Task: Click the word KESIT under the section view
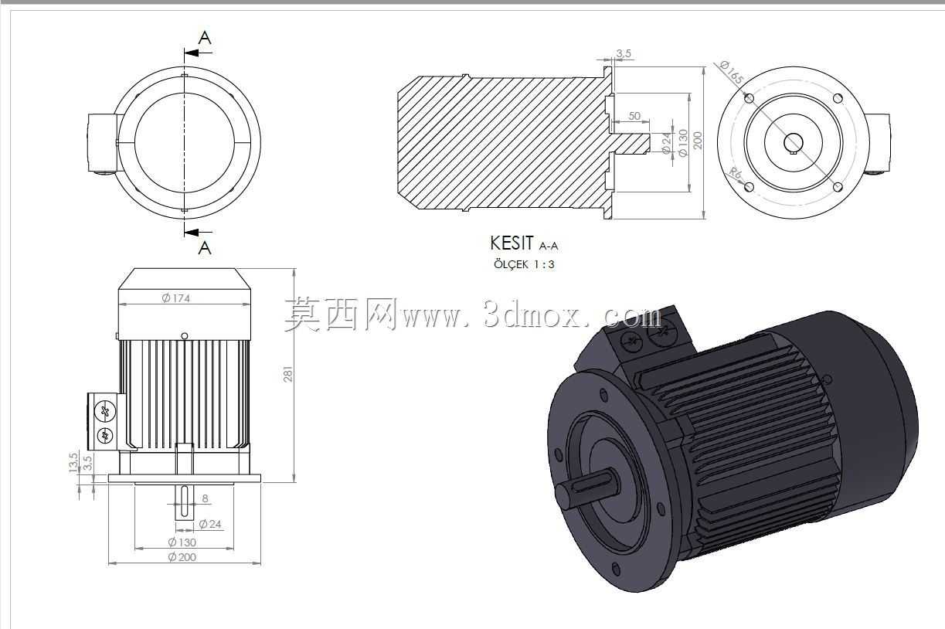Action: (512, 243)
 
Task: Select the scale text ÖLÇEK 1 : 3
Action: (524, 264)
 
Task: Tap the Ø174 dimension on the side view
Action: (176, 298)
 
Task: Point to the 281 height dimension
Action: (287, 374)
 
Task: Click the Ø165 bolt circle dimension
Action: (732, 72)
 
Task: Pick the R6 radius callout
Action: (736, 173)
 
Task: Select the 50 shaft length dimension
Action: (634, 116)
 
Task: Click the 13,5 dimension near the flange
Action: (73, 462)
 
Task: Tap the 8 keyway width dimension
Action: (205, 498)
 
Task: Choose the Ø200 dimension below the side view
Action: (182, 557)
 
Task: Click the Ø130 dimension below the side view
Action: (182, 542)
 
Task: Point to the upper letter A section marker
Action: (205, 38)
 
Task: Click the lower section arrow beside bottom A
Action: (199, 232)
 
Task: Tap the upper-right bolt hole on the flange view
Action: (838, 98)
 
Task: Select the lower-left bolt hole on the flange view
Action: (750, 186)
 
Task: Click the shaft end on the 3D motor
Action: (566, 497)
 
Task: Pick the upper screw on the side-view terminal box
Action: (105, 411)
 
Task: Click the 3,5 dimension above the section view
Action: (623, 53)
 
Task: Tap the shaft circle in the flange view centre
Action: (794, 143)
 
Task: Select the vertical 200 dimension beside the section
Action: (698, 141)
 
